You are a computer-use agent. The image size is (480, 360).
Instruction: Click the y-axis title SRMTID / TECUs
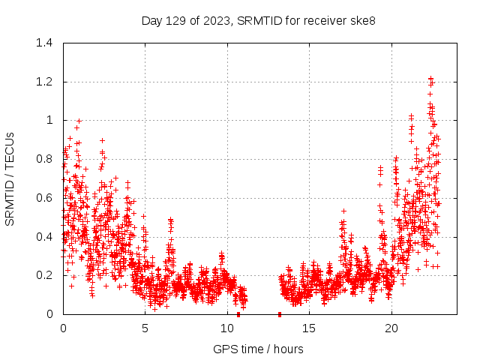(10, 178)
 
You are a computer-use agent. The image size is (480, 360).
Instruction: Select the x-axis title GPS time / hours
(258, 349)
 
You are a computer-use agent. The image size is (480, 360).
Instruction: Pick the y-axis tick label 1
(50, 120)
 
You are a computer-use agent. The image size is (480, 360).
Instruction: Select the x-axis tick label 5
(145, 328)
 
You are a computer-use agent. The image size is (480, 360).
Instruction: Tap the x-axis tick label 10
(227, 328)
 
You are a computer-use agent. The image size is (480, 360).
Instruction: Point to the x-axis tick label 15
(309, 328)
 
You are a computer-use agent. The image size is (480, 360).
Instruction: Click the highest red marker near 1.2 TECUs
(430, 78)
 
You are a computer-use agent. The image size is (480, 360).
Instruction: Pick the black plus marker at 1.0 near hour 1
(79, 121)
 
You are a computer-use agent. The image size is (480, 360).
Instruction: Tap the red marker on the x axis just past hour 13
(280, 314)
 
